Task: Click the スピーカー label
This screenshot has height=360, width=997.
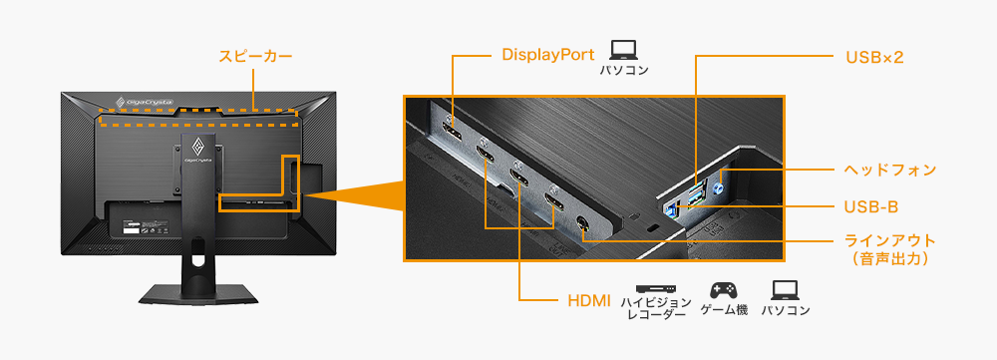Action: tap(255, 57)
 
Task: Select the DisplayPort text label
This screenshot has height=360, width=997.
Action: tap(547, 55)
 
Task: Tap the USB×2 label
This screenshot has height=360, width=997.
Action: tap(873, 57)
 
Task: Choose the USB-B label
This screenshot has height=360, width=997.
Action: tap(870, 206)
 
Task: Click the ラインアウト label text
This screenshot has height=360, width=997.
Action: tap(889, 241)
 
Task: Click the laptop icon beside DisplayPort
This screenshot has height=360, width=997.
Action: tap(624, 49)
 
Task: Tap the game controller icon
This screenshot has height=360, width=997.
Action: tap(723, 290)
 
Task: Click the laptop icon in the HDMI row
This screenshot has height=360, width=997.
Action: tap(785, 290)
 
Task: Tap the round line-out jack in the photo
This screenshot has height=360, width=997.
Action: tap(583, 224)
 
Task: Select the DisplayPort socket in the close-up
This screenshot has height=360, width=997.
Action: tap(452, 134)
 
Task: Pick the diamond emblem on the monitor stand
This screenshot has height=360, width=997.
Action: tap(197, 149)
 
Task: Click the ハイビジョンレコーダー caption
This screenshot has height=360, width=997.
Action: tap(655, 307)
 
